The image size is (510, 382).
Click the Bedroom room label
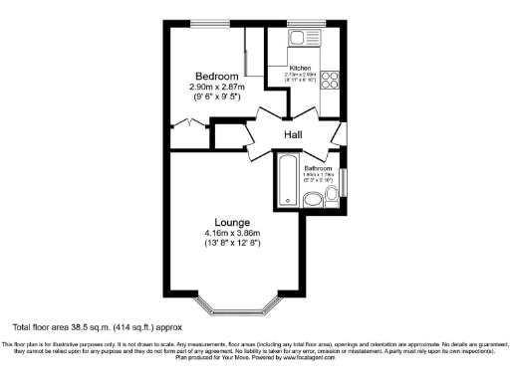pyautogui.click(x=216, y=77)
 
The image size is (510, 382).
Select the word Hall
pyautogui.click(x=293, y=134)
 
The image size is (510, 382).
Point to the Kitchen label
pyautogui.click(x=300, y=68)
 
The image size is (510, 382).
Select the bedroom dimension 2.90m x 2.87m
pyautogui.click(x=216, y=88)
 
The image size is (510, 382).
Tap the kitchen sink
pyautogui.click(x=300, y=38)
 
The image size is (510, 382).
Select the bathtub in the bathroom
pyautogui.click(x=286, y=180)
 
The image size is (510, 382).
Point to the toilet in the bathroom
pyautogui.click(x=314, y=202)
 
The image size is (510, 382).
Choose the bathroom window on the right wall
pyautogui.click(x=343, y=184)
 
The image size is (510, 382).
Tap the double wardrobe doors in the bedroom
pyautogui.click(x=183, y=124)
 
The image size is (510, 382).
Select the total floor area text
pyautogui.click(x=97, y=326)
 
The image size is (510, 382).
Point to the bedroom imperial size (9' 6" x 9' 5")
pyautogui.click(x=216, y=98)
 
